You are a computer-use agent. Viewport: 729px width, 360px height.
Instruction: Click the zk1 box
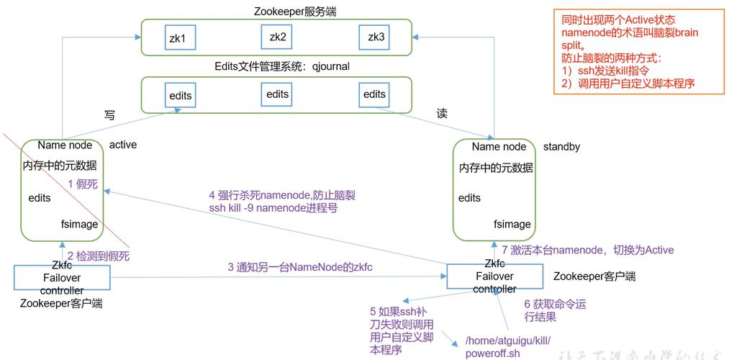(x=177, y=38)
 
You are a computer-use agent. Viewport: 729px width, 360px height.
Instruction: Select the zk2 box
(x=278, y=37)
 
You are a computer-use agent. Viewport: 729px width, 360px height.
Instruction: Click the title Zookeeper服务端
(x=276, y=11)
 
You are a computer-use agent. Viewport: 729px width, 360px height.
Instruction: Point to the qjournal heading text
(x=281, y=66)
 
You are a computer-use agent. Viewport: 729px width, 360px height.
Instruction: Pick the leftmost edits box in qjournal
(x=181, y=96)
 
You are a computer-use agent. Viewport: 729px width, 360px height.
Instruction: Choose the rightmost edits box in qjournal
(x=374, y=94)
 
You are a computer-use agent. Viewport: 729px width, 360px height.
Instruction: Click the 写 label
(x=110, y=115)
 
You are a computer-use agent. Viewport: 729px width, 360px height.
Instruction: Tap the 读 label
(x=442, y=114)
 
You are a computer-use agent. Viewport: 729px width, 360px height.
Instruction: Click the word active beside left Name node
(x=122, y=145)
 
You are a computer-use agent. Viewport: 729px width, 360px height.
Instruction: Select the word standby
(x=561, y=147)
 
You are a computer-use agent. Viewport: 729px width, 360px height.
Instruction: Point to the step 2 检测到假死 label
(x=99, y=256)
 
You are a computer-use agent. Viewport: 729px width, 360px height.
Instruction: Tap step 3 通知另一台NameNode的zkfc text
(x=299, y=267)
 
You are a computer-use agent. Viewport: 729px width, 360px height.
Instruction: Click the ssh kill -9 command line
(x=273, y=208)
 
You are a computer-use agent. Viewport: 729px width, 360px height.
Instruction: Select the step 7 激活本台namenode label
(x=587, y=250)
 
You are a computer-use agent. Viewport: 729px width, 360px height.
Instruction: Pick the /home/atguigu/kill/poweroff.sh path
(x=508, y=346)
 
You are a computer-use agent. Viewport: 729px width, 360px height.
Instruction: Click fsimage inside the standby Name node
(x=512, y=224)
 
